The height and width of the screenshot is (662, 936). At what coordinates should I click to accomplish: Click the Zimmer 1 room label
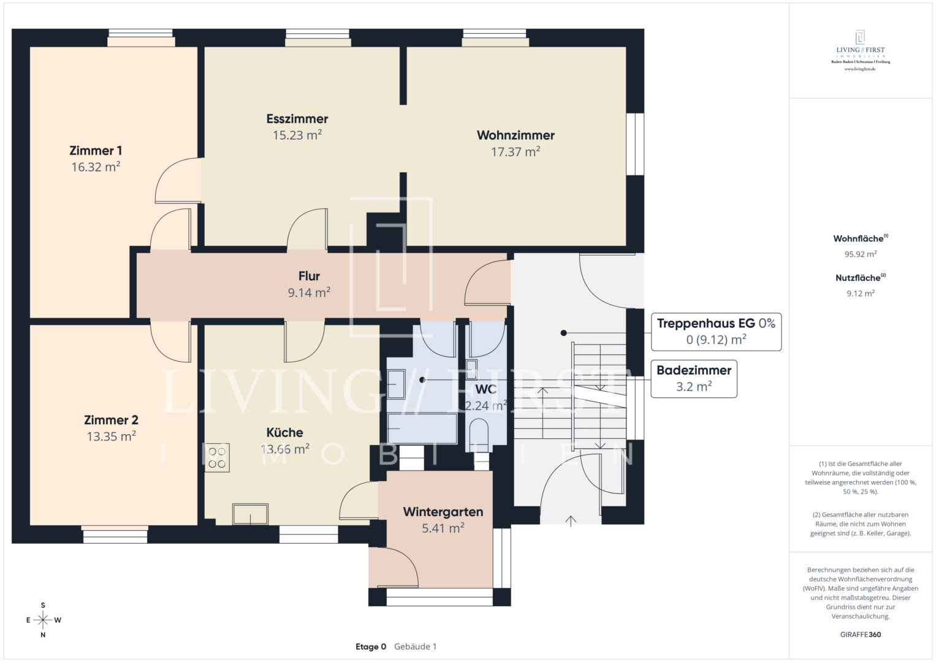click(96, 151)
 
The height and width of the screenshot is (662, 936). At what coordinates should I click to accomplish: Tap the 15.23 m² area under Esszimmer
click(297, 135)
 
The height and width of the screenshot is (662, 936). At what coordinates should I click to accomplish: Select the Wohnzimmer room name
click(516, 135)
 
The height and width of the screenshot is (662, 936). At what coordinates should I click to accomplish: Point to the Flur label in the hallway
click(309, 276)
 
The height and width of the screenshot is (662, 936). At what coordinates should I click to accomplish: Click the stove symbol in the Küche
click(217, 458)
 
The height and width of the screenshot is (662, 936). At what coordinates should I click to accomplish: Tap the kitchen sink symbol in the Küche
click(250, 514)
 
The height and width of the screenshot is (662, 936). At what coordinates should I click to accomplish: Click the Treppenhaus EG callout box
click(715, 332)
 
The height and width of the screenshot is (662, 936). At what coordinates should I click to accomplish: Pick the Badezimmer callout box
click(693, 379)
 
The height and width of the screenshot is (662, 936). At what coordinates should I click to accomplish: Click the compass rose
click(43, 620)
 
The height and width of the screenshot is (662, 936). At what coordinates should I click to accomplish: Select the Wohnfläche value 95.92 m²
click(860, 254)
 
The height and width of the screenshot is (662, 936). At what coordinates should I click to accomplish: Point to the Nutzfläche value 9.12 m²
click(860, 294)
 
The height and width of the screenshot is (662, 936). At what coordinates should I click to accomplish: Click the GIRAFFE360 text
click(860, 635)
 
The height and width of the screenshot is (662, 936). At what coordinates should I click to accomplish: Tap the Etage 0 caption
click(371, 647)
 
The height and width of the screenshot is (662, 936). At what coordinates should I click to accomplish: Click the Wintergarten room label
click(443, 512)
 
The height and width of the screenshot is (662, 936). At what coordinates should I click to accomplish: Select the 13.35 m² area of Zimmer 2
click(111, 437)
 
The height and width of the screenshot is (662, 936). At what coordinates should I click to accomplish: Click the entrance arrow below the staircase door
click(571, 521)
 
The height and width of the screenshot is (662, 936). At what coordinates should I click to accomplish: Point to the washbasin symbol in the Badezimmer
click(396, 384)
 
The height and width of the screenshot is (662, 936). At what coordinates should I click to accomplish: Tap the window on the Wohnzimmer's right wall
click(635, 144)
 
